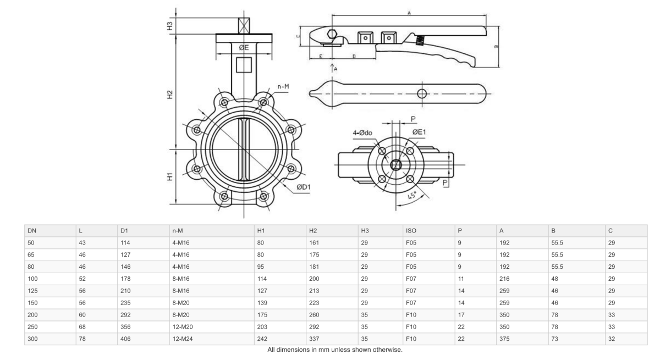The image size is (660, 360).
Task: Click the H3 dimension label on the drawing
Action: pyautogui.click(x=170, y=26)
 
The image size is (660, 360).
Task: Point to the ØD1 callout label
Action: pyautogui.click(x=304, y=187)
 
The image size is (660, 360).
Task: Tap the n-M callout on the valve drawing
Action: pyautogui.click(x=284, y=86)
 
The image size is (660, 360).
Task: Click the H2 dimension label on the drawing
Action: pyautogui.click(x=170, y=95)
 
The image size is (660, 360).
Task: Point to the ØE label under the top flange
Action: pyautogui.click(x=244, y=47)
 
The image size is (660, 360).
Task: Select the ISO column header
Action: pyautogui.click(x=411, y=230)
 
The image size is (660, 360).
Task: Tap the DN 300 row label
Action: pyautogui.click(x=32, y=339)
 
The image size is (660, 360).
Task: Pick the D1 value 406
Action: pyautogui.click(x=126, y=339)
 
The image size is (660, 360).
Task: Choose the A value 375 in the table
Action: pyautogui.click(x=505, y=339)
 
